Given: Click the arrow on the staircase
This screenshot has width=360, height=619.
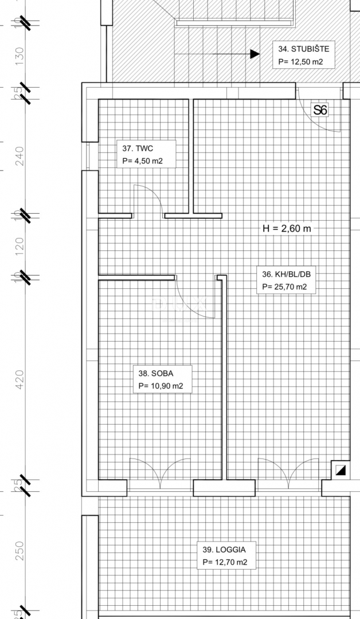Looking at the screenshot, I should pos(252,54).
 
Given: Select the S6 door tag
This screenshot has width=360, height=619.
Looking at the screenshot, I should pos(320,109).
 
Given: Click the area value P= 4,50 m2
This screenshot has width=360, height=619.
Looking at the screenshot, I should pos(143,161).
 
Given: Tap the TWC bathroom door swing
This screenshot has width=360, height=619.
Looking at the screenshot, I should pos(147,199).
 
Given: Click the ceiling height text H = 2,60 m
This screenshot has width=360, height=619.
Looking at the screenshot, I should pos(287,228).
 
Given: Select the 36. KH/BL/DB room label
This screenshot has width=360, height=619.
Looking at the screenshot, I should pos(285,274).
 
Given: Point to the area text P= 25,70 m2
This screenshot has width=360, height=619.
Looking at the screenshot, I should pos(285,287).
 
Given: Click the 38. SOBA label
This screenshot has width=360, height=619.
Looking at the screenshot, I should pos(156,374).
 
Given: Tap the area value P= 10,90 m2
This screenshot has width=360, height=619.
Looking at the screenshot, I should pos(161,387).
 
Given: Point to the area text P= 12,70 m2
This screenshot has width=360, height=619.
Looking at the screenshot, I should pos(225,562).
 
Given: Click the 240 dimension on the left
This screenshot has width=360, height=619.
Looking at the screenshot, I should pos(20,156).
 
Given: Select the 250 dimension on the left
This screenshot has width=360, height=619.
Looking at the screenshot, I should pos(20,550).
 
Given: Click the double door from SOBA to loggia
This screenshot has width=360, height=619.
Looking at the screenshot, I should pos(160,471).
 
